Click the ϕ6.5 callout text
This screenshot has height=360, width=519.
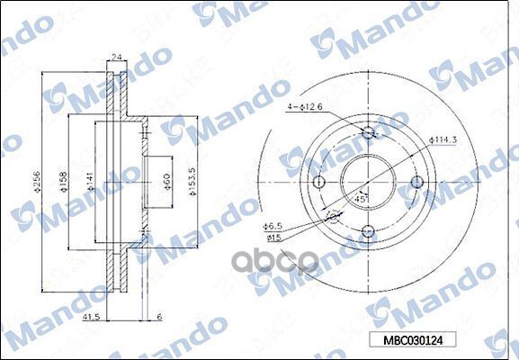pos(273,229)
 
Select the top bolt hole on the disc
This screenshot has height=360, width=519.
pos(368,134)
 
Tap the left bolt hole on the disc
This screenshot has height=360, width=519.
pos(318,183)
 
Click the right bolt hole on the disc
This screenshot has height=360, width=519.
pos(416,183)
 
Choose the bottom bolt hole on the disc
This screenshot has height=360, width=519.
pos(368,231)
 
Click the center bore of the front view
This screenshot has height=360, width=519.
pos(368,183)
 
